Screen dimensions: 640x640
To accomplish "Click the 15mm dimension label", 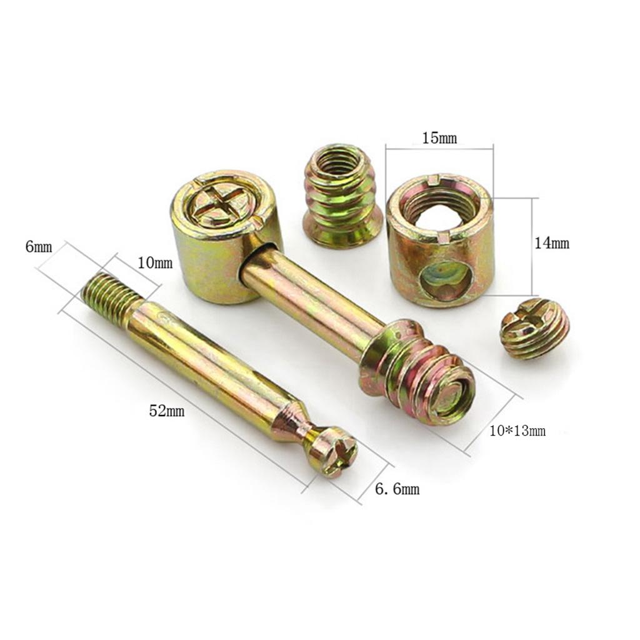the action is [x=439, y=138].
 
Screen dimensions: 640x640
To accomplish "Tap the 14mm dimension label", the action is [x=552, y=244].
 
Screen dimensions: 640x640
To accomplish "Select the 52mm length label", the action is [x=166, y=411].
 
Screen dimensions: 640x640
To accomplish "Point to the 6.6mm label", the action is [x=397, y=489].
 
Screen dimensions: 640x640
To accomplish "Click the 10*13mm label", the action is [x=517, y=431].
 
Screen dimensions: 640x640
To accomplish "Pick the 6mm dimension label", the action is [x=39, y=246].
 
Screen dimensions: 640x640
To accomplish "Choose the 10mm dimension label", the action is [x=155, y=263].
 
